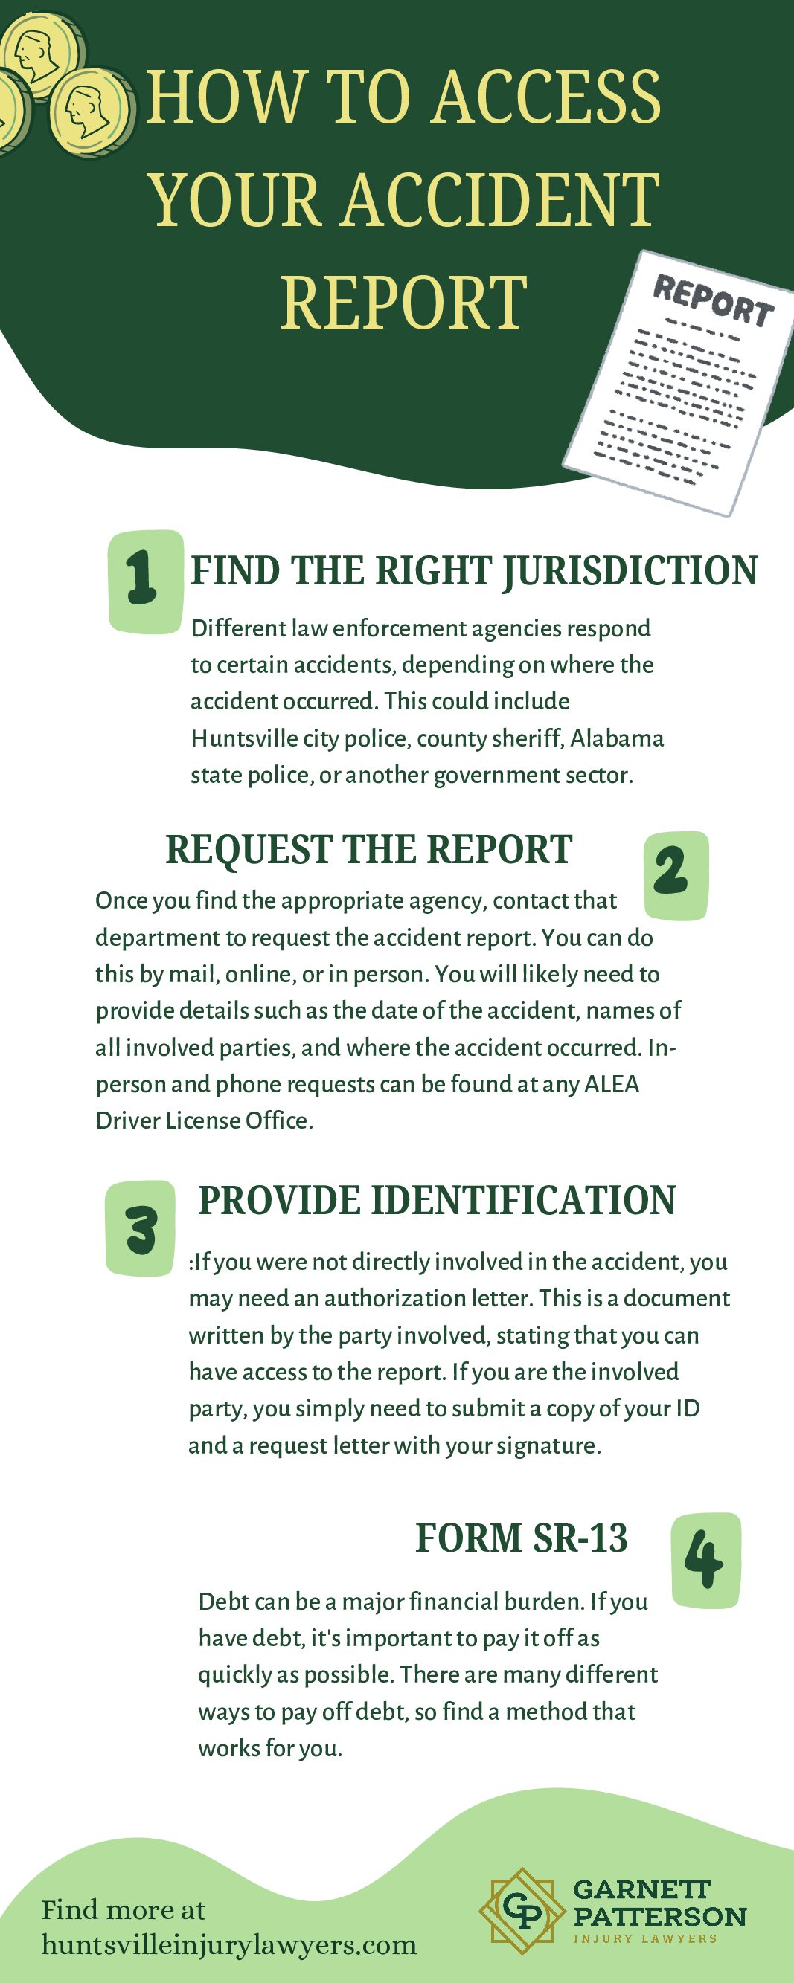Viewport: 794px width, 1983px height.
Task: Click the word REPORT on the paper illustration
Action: point(713,301)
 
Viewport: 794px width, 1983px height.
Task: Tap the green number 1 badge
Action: point(145,581)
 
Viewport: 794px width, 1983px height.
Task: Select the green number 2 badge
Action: point(676,875)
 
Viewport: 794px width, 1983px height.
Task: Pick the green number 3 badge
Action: point(140,1228)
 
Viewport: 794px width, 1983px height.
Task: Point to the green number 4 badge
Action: point(705,1561)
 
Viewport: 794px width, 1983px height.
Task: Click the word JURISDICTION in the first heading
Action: point(630,571)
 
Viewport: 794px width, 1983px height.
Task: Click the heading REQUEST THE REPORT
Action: point(368,850)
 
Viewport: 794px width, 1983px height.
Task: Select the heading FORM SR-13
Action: point(522,1538)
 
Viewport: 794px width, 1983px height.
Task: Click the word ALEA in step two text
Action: point(612,1084)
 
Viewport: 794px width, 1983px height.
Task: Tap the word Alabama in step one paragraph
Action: point(616,738)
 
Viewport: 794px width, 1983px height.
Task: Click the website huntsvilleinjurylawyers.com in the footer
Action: point(228,1944)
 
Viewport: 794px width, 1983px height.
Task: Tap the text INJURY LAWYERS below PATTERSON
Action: point(644,1938)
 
